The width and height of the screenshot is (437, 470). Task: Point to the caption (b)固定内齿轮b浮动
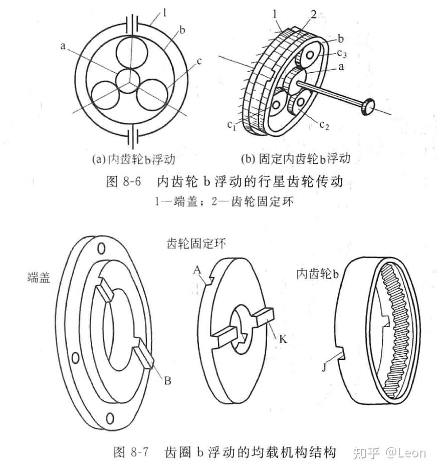295,159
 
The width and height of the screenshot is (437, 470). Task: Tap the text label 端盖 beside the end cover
39,278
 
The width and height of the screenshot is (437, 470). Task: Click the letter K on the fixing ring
283,339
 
